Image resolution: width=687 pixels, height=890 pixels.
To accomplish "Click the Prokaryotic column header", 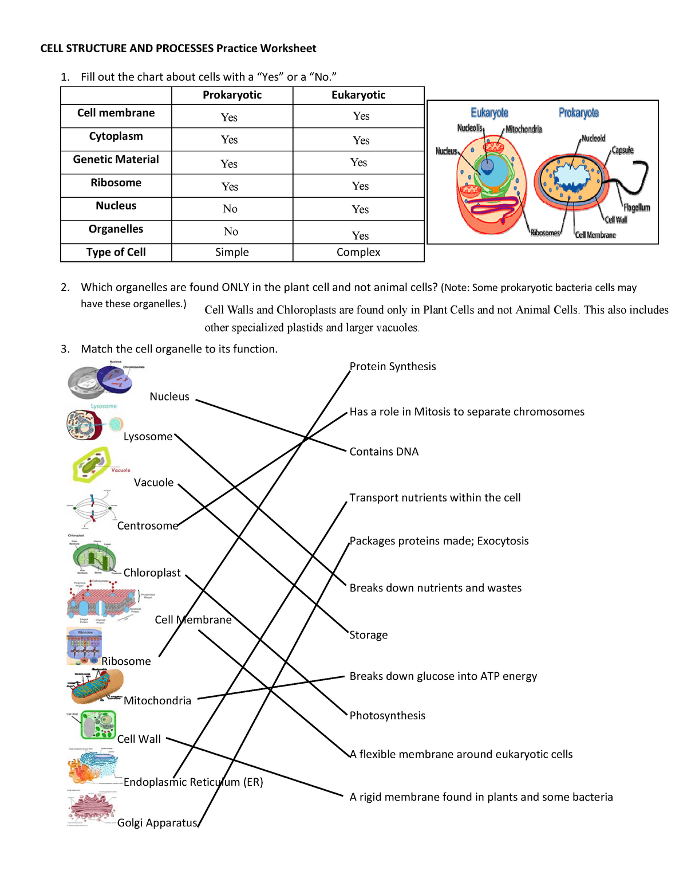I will [x=232, y=95].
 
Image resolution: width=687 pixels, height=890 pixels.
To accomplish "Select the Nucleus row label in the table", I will [x=116, y=206].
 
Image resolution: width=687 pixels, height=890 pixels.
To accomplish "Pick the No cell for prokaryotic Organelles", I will [x=231, y=232].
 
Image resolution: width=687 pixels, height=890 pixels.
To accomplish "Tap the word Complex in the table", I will [x=358, y=252].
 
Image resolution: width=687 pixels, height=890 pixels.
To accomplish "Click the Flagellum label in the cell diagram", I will [x=637, y=207].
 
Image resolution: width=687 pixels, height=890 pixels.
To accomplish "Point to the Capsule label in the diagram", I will [x=622, y=150].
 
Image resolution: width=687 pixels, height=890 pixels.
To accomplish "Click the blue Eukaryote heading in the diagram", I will [x=489, y=113].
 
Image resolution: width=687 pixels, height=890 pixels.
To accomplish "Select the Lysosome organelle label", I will [x=148, y=437].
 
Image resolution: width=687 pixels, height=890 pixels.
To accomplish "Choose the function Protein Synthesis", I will [x=393, y=367].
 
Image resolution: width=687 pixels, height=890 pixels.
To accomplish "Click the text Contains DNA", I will [x=384, y=452].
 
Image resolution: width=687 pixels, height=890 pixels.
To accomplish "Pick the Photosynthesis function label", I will [x=388, y=716].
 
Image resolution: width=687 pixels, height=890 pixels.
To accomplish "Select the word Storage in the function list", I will [x=369, y=635].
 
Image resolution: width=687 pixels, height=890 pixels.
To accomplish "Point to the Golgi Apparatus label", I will [x=157, y=823].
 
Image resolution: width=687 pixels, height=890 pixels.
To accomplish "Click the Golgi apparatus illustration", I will [x=92, y=807].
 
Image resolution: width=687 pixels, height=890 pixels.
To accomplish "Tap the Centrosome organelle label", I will [x=148, y=526].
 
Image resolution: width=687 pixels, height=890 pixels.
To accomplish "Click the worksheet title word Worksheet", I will [x=288, y=49].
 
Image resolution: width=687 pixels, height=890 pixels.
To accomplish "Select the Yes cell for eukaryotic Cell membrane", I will [x=361, y=116].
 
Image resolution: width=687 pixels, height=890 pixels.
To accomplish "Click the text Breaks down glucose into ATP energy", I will [x=443, y=676].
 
